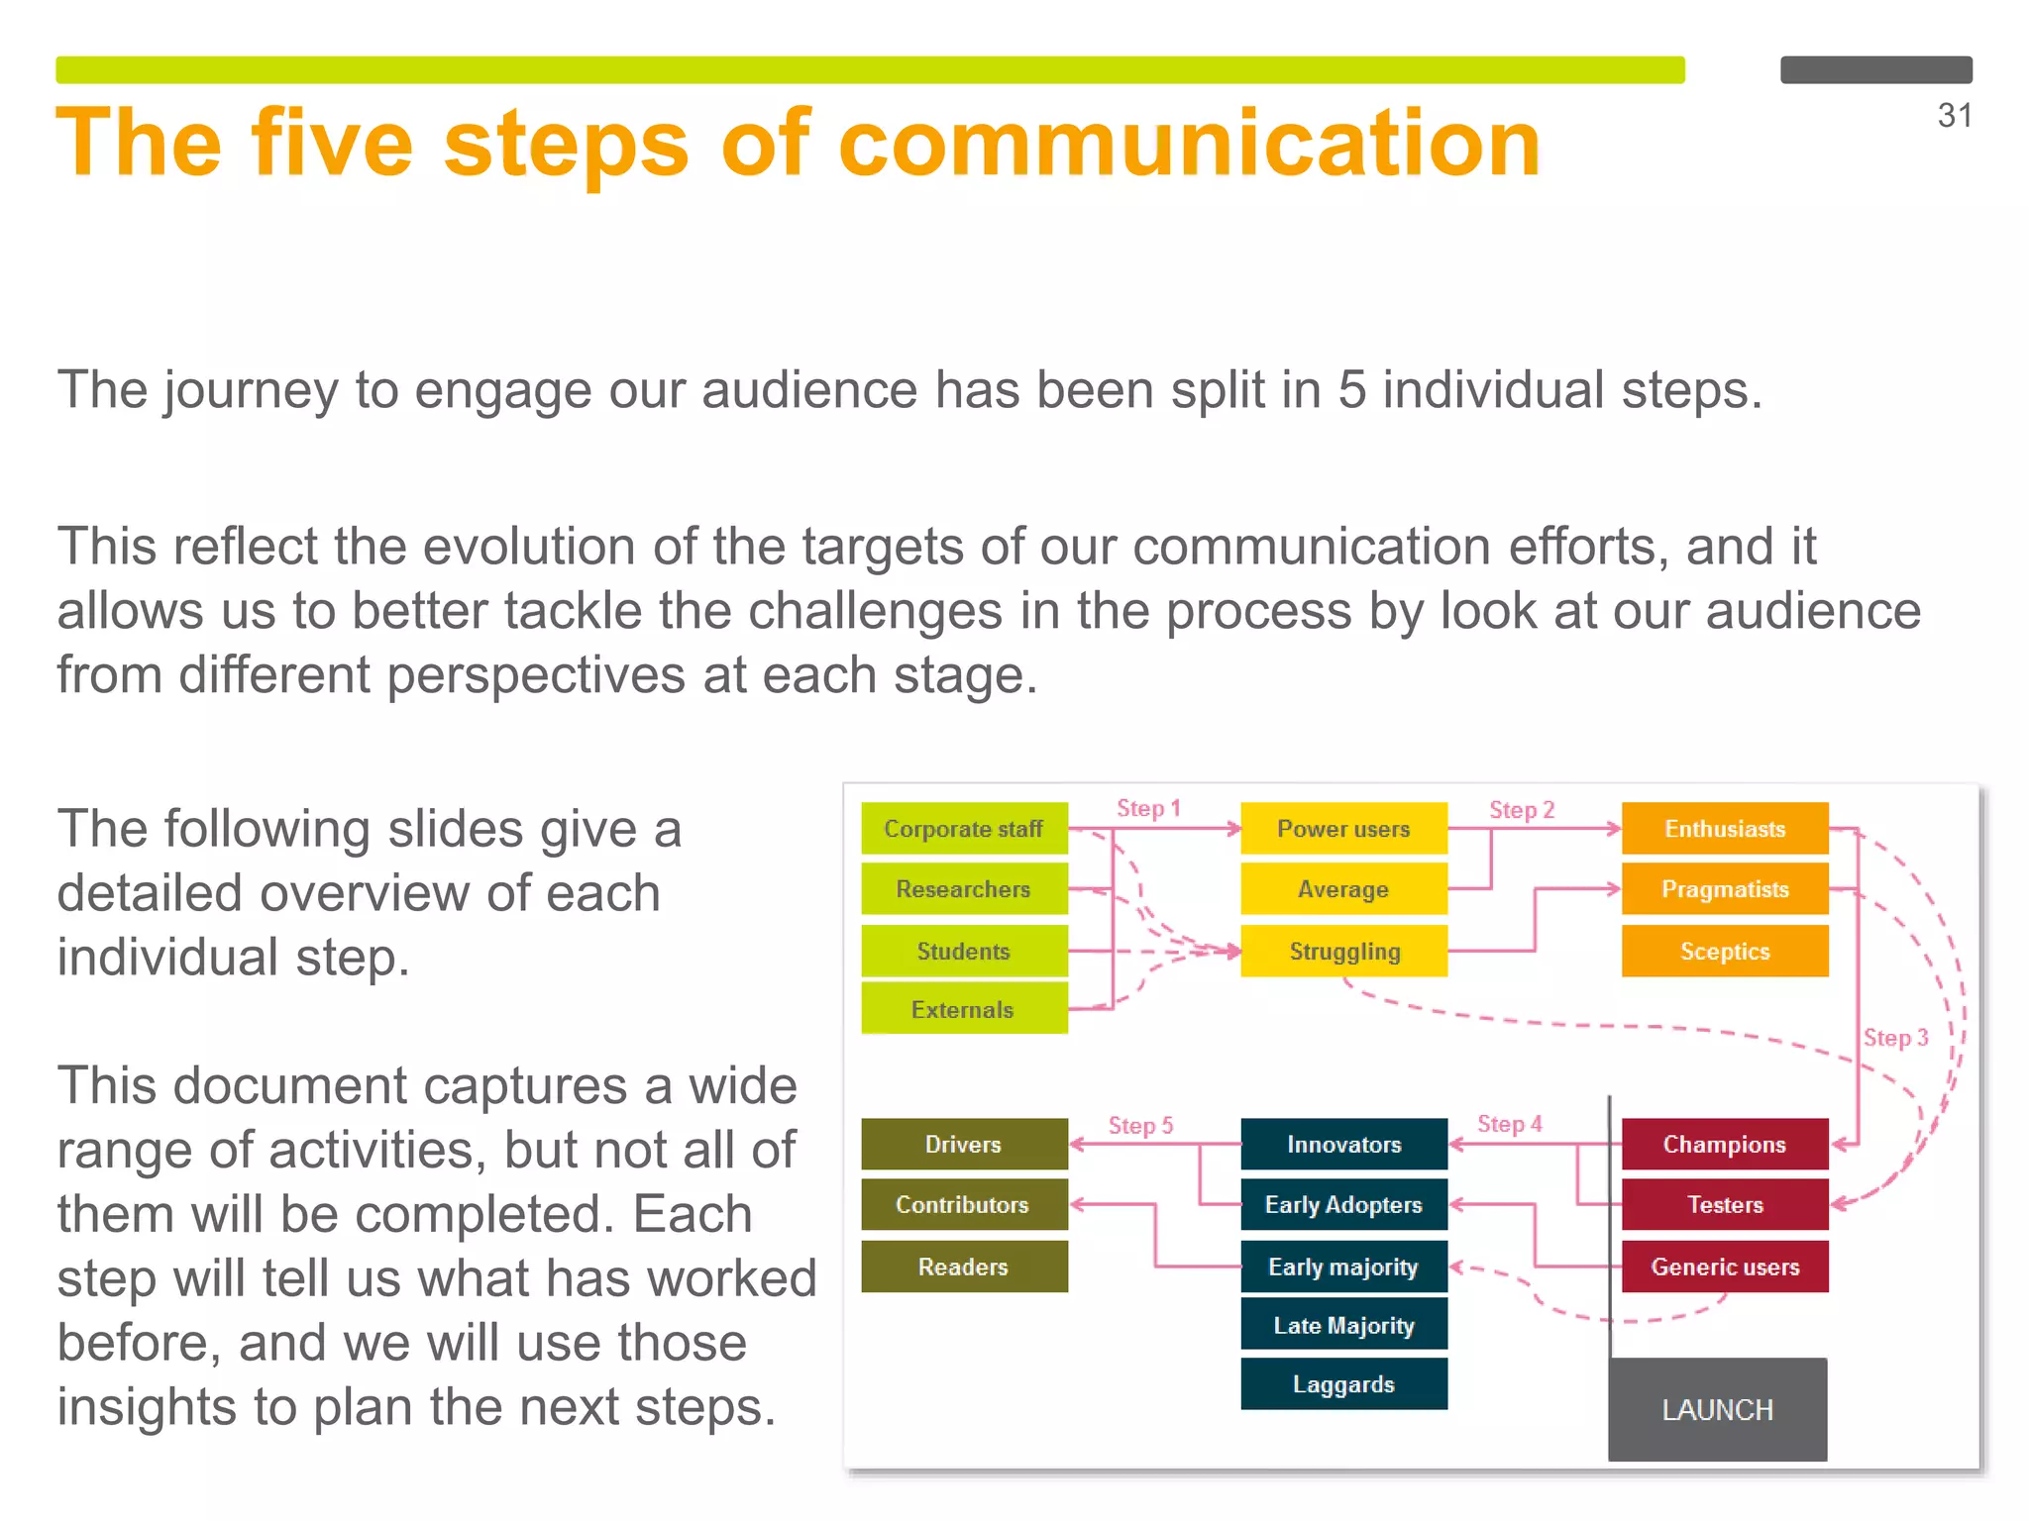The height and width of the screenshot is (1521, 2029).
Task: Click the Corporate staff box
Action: (963, 829)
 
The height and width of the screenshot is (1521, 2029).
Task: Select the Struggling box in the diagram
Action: (1343, 952)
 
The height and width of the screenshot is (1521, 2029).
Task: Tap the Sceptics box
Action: (1724, 952)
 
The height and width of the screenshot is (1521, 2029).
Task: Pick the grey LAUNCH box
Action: (1717, 1409)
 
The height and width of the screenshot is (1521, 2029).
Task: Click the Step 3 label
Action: (1895, 1038)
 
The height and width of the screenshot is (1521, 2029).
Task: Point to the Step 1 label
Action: (1148, 808)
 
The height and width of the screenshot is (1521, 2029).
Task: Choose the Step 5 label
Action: (1140, 1126)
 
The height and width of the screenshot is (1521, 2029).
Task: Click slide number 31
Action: (1954, 116)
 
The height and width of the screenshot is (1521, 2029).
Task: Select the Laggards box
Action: (1343, 1384)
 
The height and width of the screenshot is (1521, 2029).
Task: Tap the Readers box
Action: (963, 1267)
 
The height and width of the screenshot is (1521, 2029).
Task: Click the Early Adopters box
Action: (1343, 1205)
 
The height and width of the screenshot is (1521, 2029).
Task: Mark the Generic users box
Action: (1724, 1267)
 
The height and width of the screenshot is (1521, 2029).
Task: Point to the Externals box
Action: (963, 1010)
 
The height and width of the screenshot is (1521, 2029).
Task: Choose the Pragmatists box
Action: (1724, 889)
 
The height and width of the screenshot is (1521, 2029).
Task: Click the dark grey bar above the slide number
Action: (1875, 69)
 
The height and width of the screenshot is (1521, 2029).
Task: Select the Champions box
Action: (1724, 1145)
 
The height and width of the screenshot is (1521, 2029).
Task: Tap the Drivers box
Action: (963, 1145)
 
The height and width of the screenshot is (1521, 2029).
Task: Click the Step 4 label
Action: (1509, 1124)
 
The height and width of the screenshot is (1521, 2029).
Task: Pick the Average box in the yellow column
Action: (1343, 889)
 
